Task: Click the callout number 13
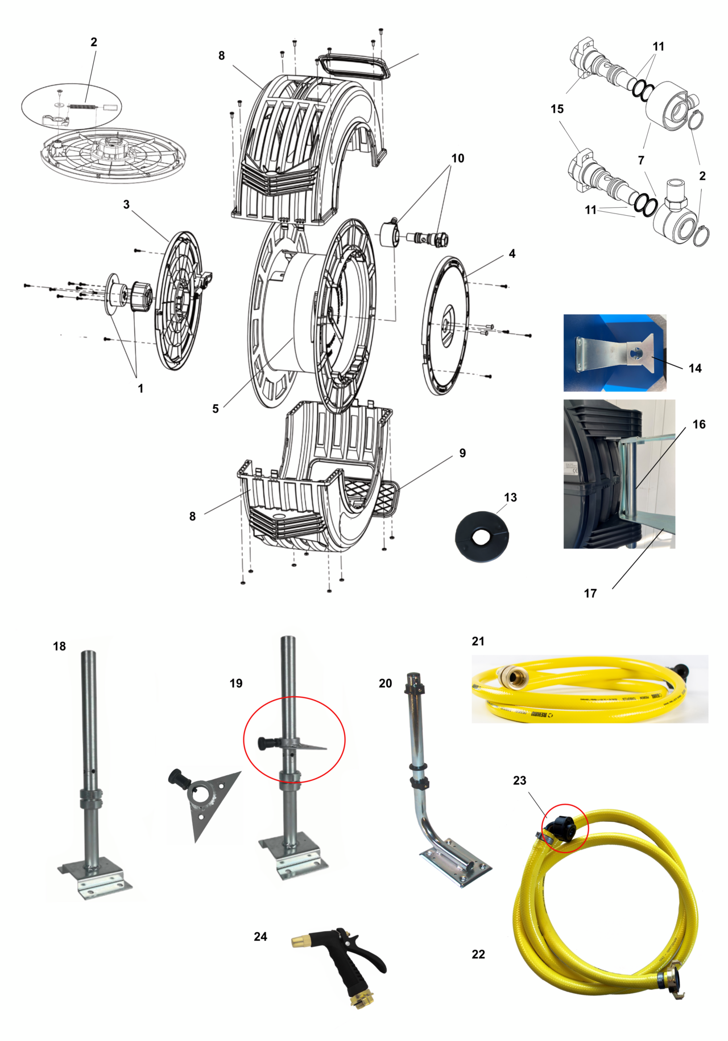[x=510, y=497]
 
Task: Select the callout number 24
[x=260, y=936]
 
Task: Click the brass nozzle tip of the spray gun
[x=300, y=941]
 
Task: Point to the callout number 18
[x=60, y=646]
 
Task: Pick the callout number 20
[x=386, y=683]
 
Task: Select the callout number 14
[x=695, y=368]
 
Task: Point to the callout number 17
[x=590, y=593]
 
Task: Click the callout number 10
[x=458, y=158]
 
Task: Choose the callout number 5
[x=216, y=409]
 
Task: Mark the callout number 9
[x=462, y=453]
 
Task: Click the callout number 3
[x=126, y=204]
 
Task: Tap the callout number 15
[x=557, y=109]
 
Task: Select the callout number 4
[x=512, y=253]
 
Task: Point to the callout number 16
[x=699, y=424]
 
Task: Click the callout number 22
[x=478, y=954]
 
